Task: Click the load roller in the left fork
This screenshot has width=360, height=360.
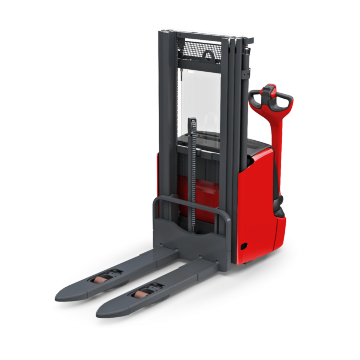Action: [100, 279]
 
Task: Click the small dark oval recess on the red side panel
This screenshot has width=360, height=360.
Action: [244, 246]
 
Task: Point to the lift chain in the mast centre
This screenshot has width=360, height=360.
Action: [193, 169]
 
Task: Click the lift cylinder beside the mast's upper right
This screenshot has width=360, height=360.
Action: [246, 64]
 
